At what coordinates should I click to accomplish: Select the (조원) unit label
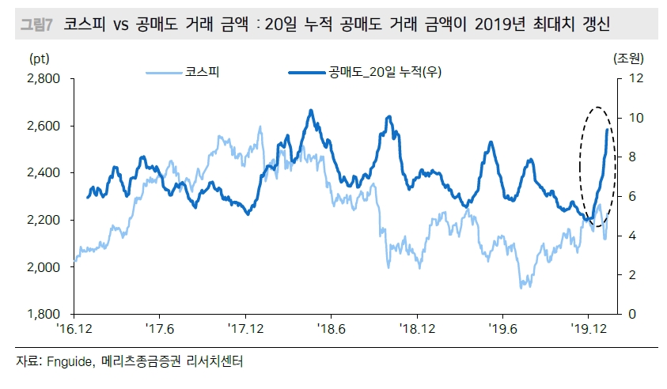coord(629,59)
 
